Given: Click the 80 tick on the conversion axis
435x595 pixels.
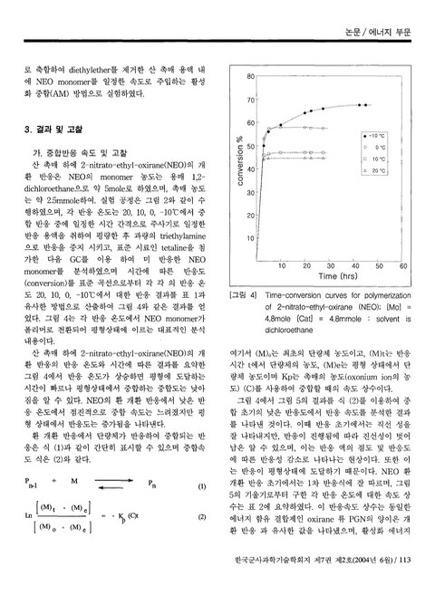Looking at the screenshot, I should [x=250, y=76].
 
